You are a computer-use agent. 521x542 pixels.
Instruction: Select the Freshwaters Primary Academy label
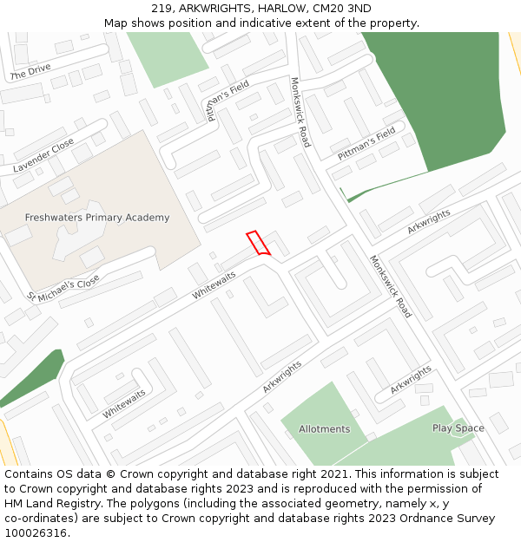pos(97,218)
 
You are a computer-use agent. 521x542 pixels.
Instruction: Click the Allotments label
pos(324,429)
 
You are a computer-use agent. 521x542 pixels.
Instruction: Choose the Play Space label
pos(458,428)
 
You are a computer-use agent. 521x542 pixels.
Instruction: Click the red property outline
pos(258,243)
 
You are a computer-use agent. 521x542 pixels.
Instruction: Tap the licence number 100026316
pos(35,533)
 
